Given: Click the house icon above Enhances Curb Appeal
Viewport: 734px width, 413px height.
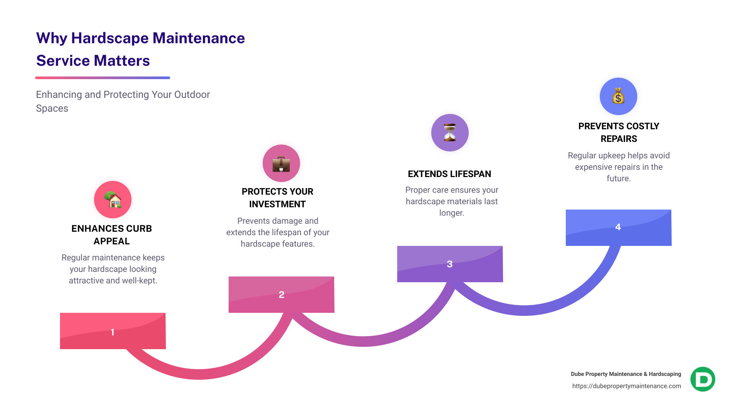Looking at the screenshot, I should point(113,200).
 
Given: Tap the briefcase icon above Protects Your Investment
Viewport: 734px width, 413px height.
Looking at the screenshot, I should point(281,163).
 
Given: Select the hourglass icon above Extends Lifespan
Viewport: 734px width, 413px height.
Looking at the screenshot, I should point(450,133).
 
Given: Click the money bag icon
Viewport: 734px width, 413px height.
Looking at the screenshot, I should point(618,96).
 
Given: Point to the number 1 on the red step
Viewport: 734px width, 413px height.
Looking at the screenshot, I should point(112,332).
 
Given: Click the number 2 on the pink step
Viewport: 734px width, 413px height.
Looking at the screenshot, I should point(281,294).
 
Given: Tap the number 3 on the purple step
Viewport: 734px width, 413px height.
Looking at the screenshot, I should point(450,264).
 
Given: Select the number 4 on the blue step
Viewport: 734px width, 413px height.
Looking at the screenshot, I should point(618,227).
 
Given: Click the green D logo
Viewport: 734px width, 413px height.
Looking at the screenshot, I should point(703,379).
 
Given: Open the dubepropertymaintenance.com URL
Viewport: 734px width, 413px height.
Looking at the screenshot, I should point(626,386).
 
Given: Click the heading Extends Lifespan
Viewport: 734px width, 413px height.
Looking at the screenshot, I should point(449,174).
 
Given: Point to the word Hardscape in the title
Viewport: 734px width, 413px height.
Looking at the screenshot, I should point(110,38).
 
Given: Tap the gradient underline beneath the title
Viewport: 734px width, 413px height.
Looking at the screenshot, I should point(102,78).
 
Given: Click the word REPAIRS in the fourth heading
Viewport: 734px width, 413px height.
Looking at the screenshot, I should point(619,139).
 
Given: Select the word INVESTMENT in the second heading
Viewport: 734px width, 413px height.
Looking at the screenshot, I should point(277,204).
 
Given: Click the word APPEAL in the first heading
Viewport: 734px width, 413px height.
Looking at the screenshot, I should point(112,241).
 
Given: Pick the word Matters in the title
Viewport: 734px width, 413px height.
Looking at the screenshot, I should point(122,61).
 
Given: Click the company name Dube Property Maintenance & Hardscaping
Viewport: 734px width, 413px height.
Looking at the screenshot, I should point(626,374).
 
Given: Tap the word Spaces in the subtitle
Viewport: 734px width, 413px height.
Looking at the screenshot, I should point(52,109).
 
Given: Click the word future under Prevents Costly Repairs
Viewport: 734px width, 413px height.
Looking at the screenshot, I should point(618,179).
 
